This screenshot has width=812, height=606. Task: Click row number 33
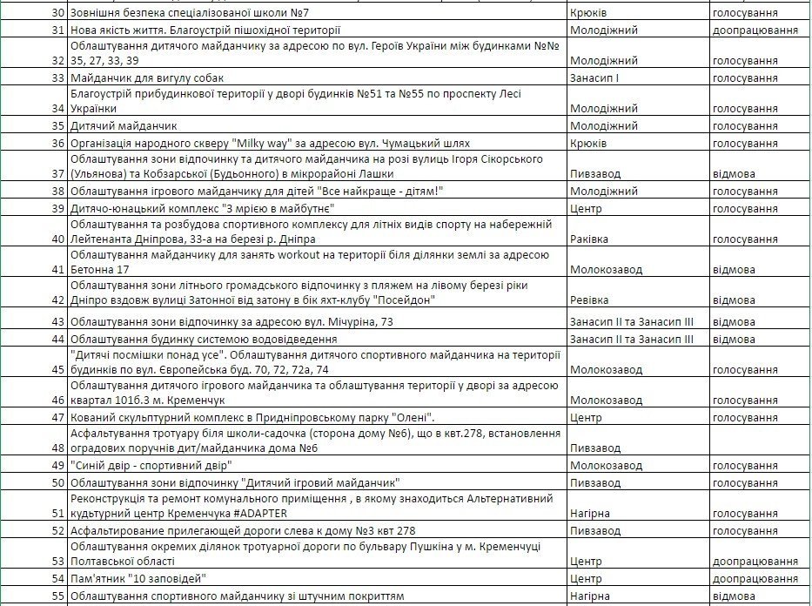click(58, 77)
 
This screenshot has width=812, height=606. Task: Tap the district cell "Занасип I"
click(594, 77)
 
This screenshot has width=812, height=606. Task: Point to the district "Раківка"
click(589, 239)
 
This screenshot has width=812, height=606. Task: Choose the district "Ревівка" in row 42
click(589, 300)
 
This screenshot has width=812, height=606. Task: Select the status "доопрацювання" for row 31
click(755, 30)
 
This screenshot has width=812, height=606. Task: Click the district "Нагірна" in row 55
click(590, 596)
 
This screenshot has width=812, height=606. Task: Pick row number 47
click(58, 417)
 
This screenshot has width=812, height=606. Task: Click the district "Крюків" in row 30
click(587, 14)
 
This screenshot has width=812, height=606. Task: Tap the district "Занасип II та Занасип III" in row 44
click(631, 339)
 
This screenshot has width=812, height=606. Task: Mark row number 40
click(58, 239)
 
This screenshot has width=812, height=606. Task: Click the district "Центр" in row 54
click(585, 579)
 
